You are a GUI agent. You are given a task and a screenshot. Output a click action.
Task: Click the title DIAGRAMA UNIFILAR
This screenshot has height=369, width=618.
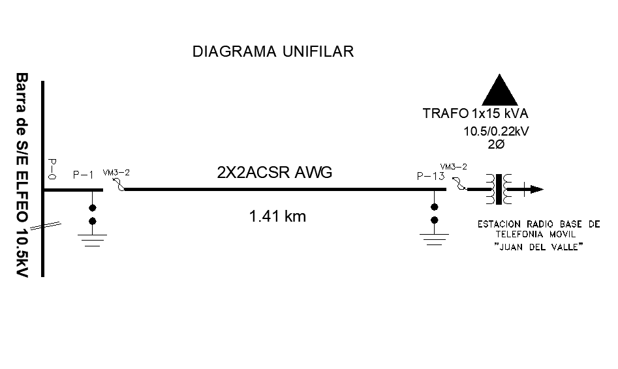click(x=273, y=52)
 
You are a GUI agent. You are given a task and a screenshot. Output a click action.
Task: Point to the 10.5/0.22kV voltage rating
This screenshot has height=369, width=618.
click(x=495, y=131)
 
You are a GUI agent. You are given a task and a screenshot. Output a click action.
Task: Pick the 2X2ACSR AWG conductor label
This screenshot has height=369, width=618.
click(x=275, y=173)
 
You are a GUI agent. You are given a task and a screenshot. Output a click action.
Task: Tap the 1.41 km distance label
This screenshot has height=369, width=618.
click(x=277, y=216)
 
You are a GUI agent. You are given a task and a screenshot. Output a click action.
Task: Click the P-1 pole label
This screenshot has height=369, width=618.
click(x=84, y=175)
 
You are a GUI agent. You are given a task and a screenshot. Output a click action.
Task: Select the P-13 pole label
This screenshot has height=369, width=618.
click(x=430, y=175)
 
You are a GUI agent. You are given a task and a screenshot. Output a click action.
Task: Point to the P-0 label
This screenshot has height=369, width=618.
click(x=52, y=168)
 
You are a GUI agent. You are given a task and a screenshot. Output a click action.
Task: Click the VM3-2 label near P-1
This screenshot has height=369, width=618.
click(x=116, y=173)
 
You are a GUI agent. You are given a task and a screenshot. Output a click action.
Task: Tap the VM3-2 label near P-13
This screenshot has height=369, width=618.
click(x=454, y=166)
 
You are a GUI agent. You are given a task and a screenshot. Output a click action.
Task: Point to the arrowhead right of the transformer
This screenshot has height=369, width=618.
click(x=536, y=190)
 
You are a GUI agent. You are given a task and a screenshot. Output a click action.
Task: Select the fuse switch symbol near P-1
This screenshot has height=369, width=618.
click(x=119, y=186)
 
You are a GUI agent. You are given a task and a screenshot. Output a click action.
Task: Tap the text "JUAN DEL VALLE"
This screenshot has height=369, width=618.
click(x=538, y=247)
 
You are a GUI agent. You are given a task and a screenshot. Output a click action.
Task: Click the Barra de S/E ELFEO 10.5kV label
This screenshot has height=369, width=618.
click(x=23, y=175)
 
